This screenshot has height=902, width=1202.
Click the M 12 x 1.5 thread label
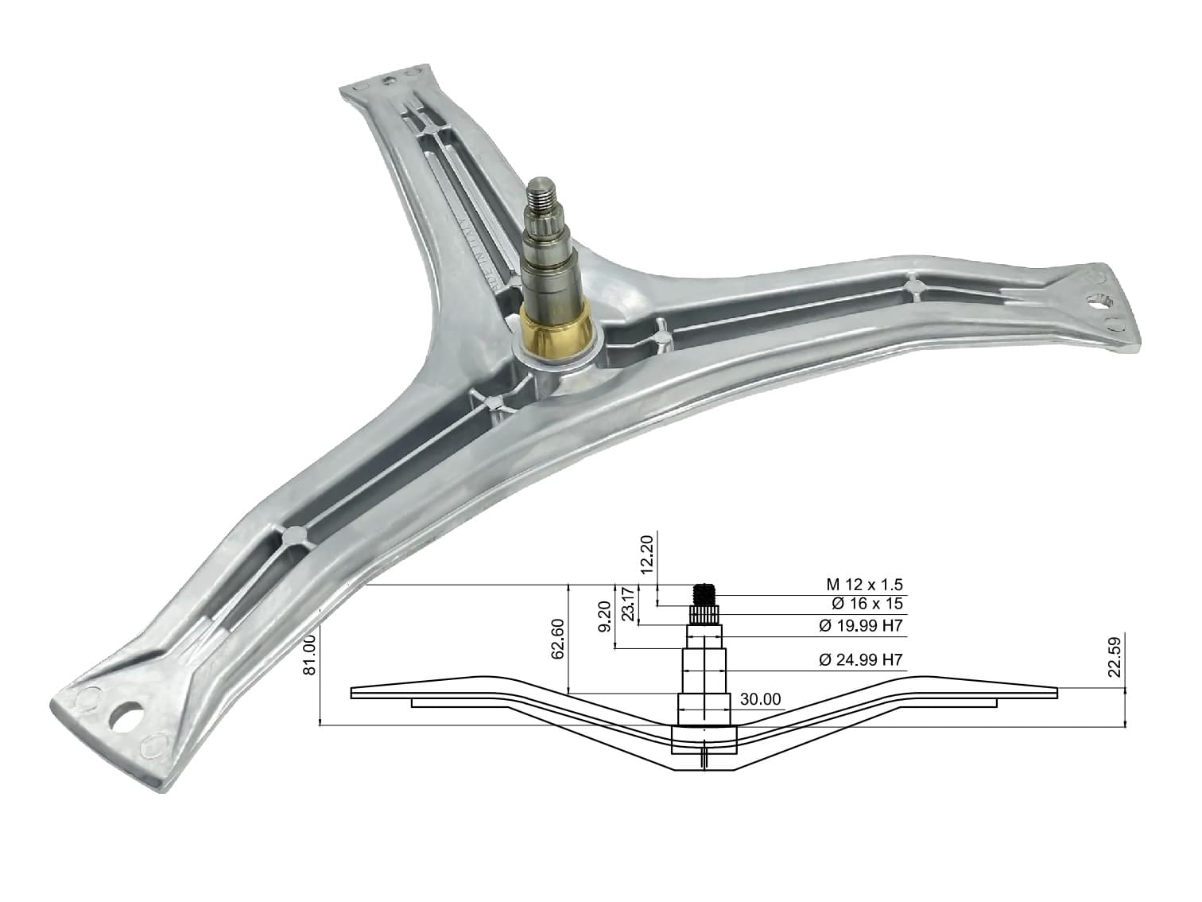pos(864,585)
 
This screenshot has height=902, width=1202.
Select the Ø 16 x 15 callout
pos(867,604)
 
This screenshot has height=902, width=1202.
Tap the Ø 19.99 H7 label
pos(860,625)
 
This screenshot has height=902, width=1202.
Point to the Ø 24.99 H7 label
pos(860,660)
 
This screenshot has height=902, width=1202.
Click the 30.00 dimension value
pos(760,699)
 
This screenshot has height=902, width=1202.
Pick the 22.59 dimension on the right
pos(1115,657)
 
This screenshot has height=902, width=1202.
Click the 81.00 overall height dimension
pos(309,655)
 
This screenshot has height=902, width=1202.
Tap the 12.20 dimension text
pos(647,554)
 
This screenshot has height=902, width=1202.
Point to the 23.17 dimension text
pos(628,604)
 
